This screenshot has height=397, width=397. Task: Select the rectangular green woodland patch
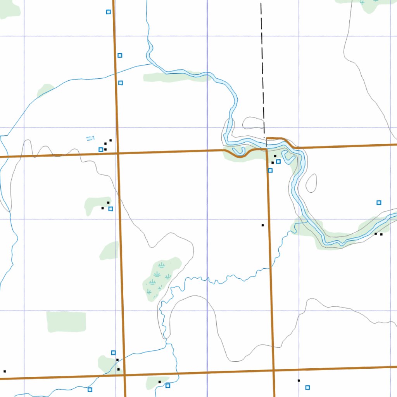pos(66,321)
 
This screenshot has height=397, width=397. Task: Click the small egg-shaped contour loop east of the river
pos(311,183)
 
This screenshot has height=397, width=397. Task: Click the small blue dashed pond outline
pos(90,138)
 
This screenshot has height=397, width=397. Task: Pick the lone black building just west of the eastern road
pos(262,225)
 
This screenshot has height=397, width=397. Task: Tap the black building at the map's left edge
pos(5,371)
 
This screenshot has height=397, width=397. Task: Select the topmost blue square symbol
pos(109,12)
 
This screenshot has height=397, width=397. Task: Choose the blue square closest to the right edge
pos(379,202)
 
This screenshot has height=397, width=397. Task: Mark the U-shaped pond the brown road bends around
pos(238,150)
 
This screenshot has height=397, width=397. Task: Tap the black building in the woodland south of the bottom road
pos(159,382)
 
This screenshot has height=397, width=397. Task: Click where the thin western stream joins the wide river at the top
pos(151,64)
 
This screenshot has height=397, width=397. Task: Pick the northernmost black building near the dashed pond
pos(110,140)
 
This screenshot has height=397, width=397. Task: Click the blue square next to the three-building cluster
pos(101,150)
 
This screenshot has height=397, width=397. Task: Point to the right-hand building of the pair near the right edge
pos(381,234)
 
